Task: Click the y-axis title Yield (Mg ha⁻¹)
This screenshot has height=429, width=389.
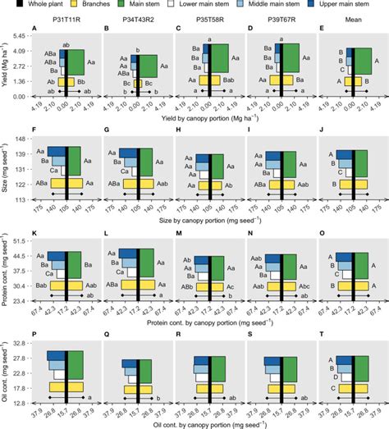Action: (7, 66)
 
